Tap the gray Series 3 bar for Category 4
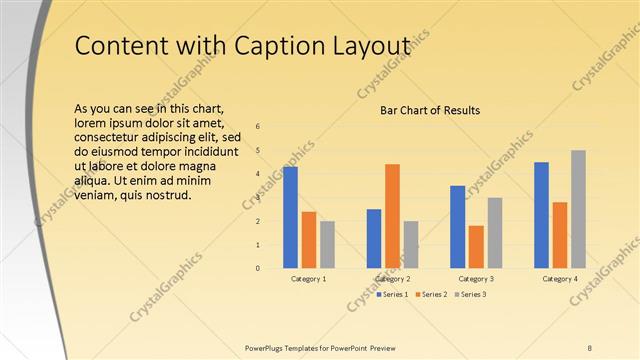coord(578,209)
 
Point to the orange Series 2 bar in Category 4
coord(560,235)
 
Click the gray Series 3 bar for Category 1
coord(327,244)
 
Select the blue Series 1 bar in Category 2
coord(374,238)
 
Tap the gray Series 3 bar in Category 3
coord(494,232)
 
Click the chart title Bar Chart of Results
coord(431,110)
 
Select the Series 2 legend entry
coord(430,294)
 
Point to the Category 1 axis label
coord(308,278)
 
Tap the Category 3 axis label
coord(475,278)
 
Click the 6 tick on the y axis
coord(258,127)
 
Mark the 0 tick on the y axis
coord(258,268)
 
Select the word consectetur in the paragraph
coord(109,136)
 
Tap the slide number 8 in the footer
coord(590,347)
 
